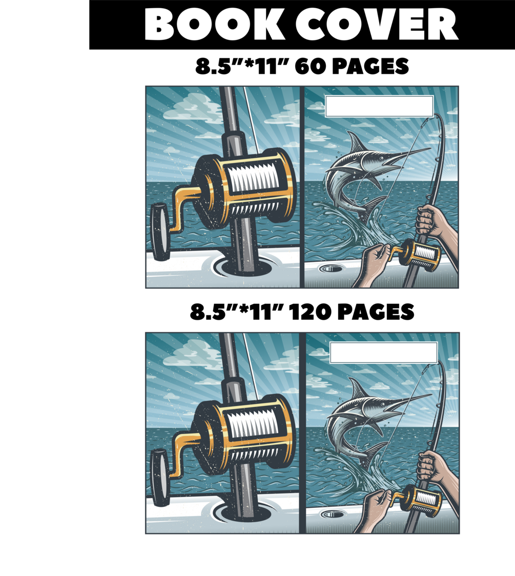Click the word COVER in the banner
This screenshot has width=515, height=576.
377,24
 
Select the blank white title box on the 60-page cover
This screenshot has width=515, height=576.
379,106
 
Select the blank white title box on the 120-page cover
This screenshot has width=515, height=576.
383,353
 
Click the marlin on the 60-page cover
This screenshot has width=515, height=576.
371,173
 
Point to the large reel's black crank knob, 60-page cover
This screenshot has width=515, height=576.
160,232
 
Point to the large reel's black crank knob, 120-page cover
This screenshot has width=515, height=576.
160,478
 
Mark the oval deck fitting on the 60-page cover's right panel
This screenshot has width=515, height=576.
328,269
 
